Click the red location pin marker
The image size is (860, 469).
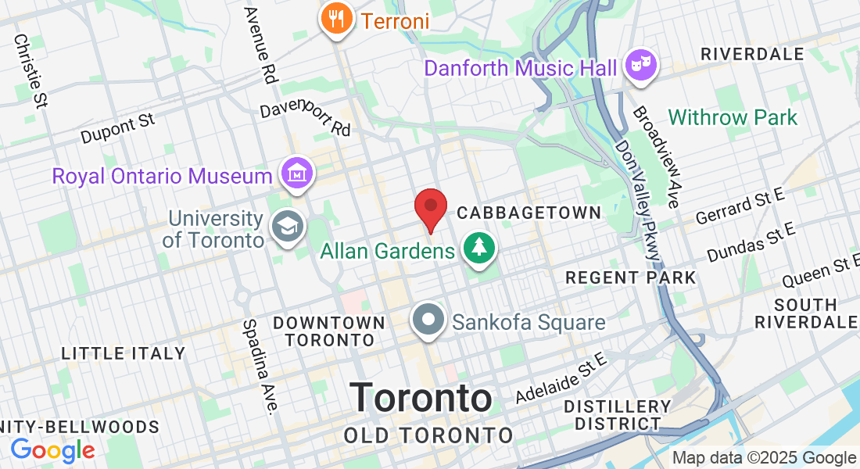tap(430, 208)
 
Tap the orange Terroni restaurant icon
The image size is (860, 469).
tap(337, 19)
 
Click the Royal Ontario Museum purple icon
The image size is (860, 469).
tap(298, 175)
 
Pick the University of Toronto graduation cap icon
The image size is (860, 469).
tap(285, 227)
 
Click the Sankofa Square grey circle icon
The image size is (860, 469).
tap(429, 321)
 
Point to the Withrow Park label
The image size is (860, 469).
tap(733, 118)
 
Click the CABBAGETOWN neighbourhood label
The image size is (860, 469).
tap(529, 213)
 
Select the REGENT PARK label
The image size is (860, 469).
tap(630, 277)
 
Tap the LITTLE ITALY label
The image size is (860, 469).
tap(124, 353)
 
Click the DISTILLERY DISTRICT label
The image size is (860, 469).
tap(618, 415)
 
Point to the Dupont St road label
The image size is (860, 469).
tap(118, 129)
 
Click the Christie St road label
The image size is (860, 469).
tap(30, 70)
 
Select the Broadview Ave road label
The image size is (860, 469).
tap(655, 157)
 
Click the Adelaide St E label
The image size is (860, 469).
tap(561, 378)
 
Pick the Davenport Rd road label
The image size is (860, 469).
tap(306, 118)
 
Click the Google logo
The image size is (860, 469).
tap(52, 450)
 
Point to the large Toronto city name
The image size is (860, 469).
tap(421, 398)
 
